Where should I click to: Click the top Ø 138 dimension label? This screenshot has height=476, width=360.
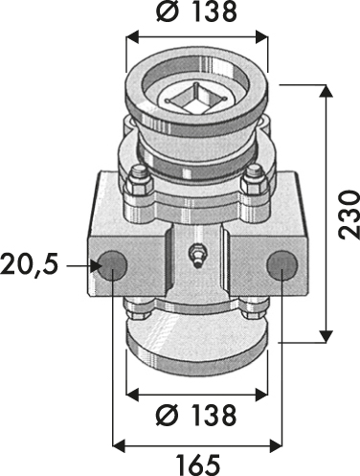(x=196, y=12)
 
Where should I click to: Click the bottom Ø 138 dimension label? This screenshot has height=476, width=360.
(x=196, y=416)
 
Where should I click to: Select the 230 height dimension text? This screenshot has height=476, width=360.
(x=349, y=215)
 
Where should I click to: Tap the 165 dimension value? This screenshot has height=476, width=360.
(x=198, y=465)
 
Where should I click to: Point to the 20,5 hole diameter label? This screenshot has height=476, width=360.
(x=30, y=265)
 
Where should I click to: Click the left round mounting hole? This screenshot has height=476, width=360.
(x=112, y=265)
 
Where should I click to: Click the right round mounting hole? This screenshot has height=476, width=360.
(x=281, y=264)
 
